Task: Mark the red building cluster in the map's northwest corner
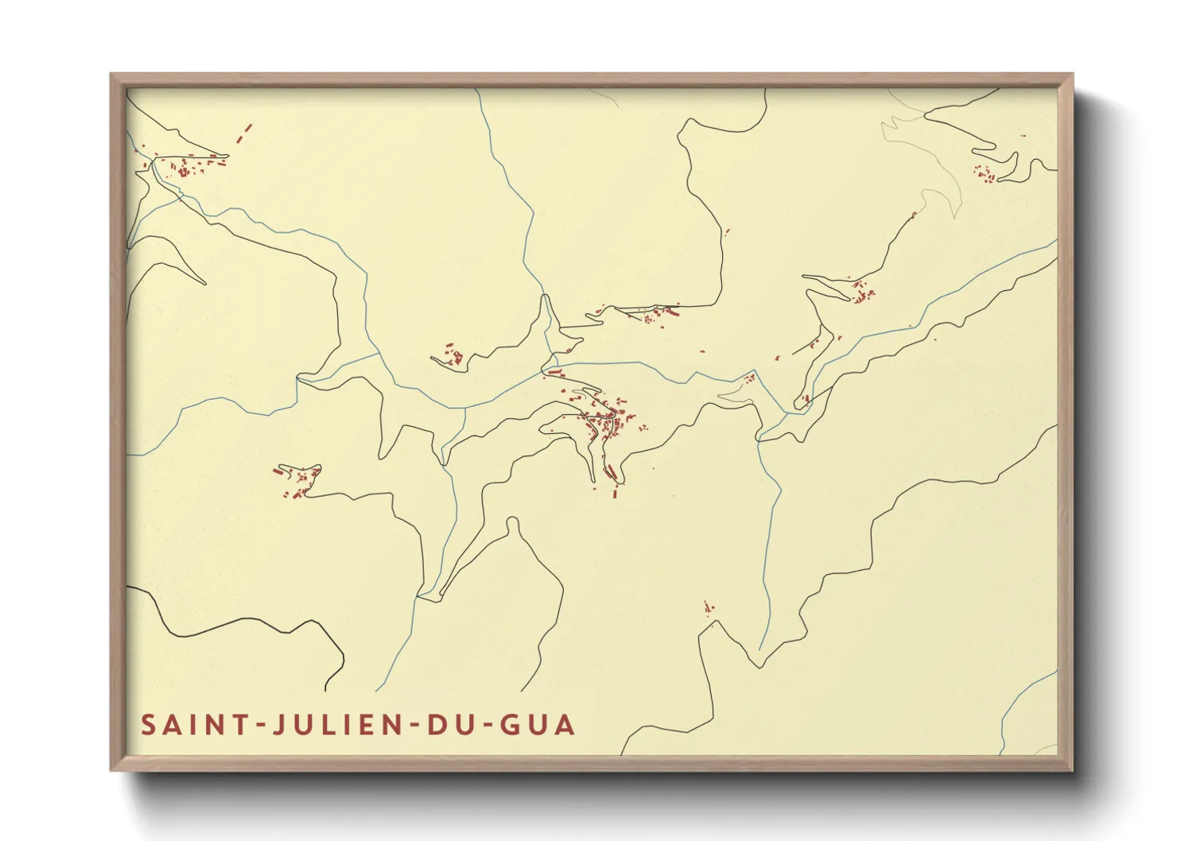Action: click(187, 167)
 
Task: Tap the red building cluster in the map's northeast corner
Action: click(985, 173)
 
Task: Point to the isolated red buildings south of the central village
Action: click(707, 609)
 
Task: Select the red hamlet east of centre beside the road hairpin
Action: click(861, 293)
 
